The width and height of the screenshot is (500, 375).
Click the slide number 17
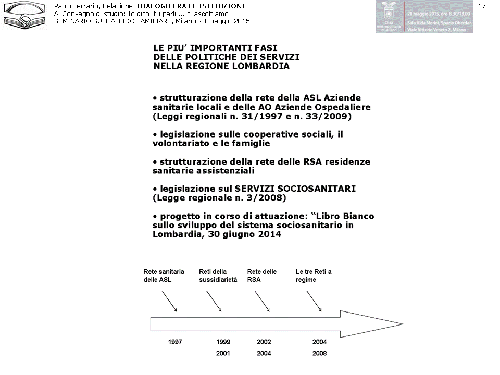pos(481,6)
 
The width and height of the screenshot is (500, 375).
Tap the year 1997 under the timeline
pos(175,342)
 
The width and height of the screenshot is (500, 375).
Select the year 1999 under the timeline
pos(223,342)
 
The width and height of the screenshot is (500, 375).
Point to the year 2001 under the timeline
pos(223,354)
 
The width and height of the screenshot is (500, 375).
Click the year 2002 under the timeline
pos(264,342)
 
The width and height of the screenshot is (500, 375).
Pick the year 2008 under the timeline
pos(319,354)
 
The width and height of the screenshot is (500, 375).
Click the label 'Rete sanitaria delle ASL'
pos(164,276)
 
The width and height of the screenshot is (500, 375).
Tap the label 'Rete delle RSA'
pos(261,276)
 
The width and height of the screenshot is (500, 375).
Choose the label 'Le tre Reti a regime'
pos(314,276)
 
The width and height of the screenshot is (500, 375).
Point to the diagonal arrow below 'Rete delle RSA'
pos(262,301)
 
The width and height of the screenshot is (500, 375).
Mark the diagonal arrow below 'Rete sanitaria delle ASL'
pos(169,301)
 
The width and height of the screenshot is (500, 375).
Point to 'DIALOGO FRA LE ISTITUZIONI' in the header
pos(191,6)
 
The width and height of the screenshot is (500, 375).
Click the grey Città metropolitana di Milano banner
pos(424,17)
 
